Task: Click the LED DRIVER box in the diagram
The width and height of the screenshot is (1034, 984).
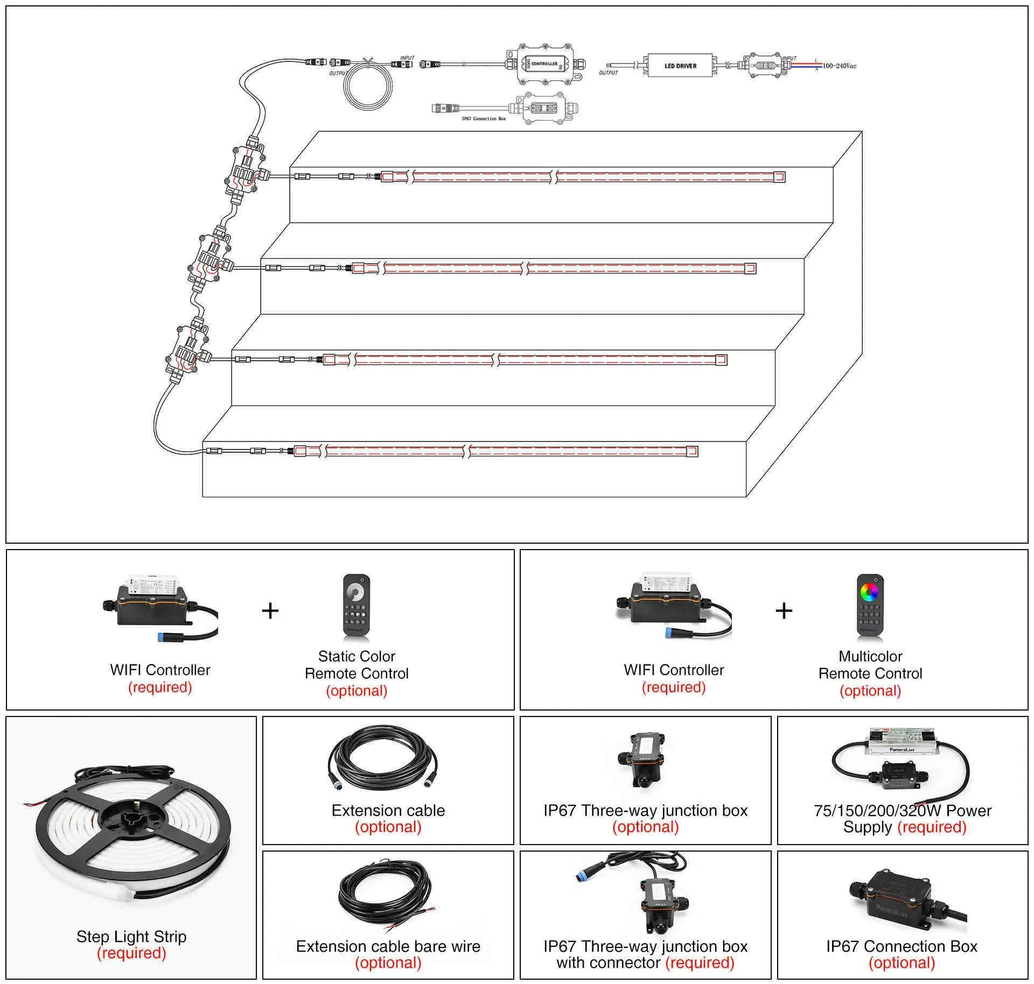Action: (x=680, y=66)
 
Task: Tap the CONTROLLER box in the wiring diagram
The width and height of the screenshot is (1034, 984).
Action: (x=544, y=64)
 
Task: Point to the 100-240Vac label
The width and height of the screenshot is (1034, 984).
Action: (x=839, y=66)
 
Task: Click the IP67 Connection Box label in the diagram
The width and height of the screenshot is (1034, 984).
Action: (x=484, y=118)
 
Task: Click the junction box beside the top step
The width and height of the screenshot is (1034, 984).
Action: (x=246, y=172)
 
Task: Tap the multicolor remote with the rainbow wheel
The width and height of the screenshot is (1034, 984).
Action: (x=870, y=607)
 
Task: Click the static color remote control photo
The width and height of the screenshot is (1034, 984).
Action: (x=356, y=607)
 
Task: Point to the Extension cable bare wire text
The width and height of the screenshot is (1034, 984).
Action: (x=388, y=946)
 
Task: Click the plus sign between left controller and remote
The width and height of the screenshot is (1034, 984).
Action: (x=270, y=610)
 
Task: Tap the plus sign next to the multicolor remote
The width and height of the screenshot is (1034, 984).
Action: (x=784, y=610)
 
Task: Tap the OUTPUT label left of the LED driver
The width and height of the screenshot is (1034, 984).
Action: (x=609, y=73)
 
